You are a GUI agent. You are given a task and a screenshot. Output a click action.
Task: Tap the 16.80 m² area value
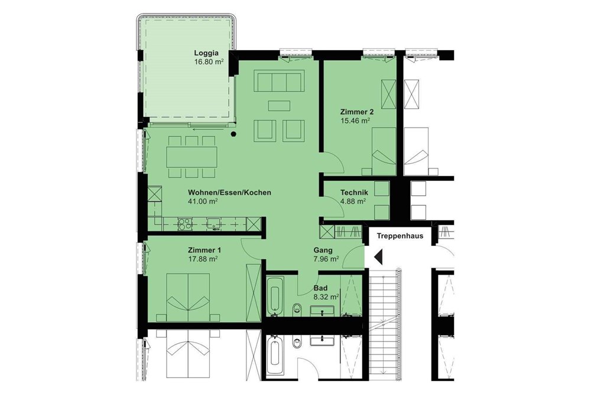[209, 61]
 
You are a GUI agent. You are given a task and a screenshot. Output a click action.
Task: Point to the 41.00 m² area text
[203, 201]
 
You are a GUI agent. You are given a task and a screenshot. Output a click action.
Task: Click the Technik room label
[355, 193]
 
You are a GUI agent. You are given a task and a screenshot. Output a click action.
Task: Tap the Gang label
[323, 250]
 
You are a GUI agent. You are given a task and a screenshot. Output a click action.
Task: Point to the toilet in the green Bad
[298, 308]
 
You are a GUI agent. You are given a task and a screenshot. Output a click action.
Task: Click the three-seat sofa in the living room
[278, 80]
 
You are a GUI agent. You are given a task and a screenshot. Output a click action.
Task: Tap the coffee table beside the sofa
[279, 106]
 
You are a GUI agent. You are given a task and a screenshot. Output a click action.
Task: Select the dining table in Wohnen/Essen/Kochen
[191, 157]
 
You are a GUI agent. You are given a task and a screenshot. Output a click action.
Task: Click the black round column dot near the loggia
[234, 134]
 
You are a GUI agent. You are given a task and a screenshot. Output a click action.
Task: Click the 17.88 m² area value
[203, 258]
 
